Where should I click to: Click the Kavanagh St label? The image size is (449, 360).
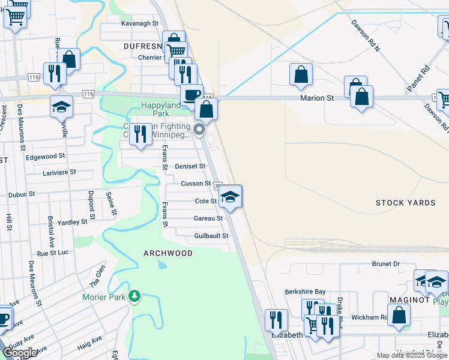[x=139, y=23]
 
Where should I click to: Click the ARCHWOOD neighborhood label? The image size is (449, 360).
[x=168, y=253]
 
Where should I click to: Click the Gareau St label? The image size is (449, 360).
[x=208, y=218]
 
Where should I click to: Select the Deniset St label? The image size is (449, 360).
[x=190, y=166]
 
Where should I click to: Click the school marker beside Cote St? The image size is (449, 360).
[x=231, y=196]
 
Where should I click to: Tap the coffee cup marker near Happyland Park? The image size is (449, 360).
[x=191, y=95]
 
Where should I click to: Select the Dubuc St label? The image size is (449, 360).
[x=23, y=194]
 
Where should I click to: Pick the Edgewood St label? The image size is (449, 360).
[x=45, y=157]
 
